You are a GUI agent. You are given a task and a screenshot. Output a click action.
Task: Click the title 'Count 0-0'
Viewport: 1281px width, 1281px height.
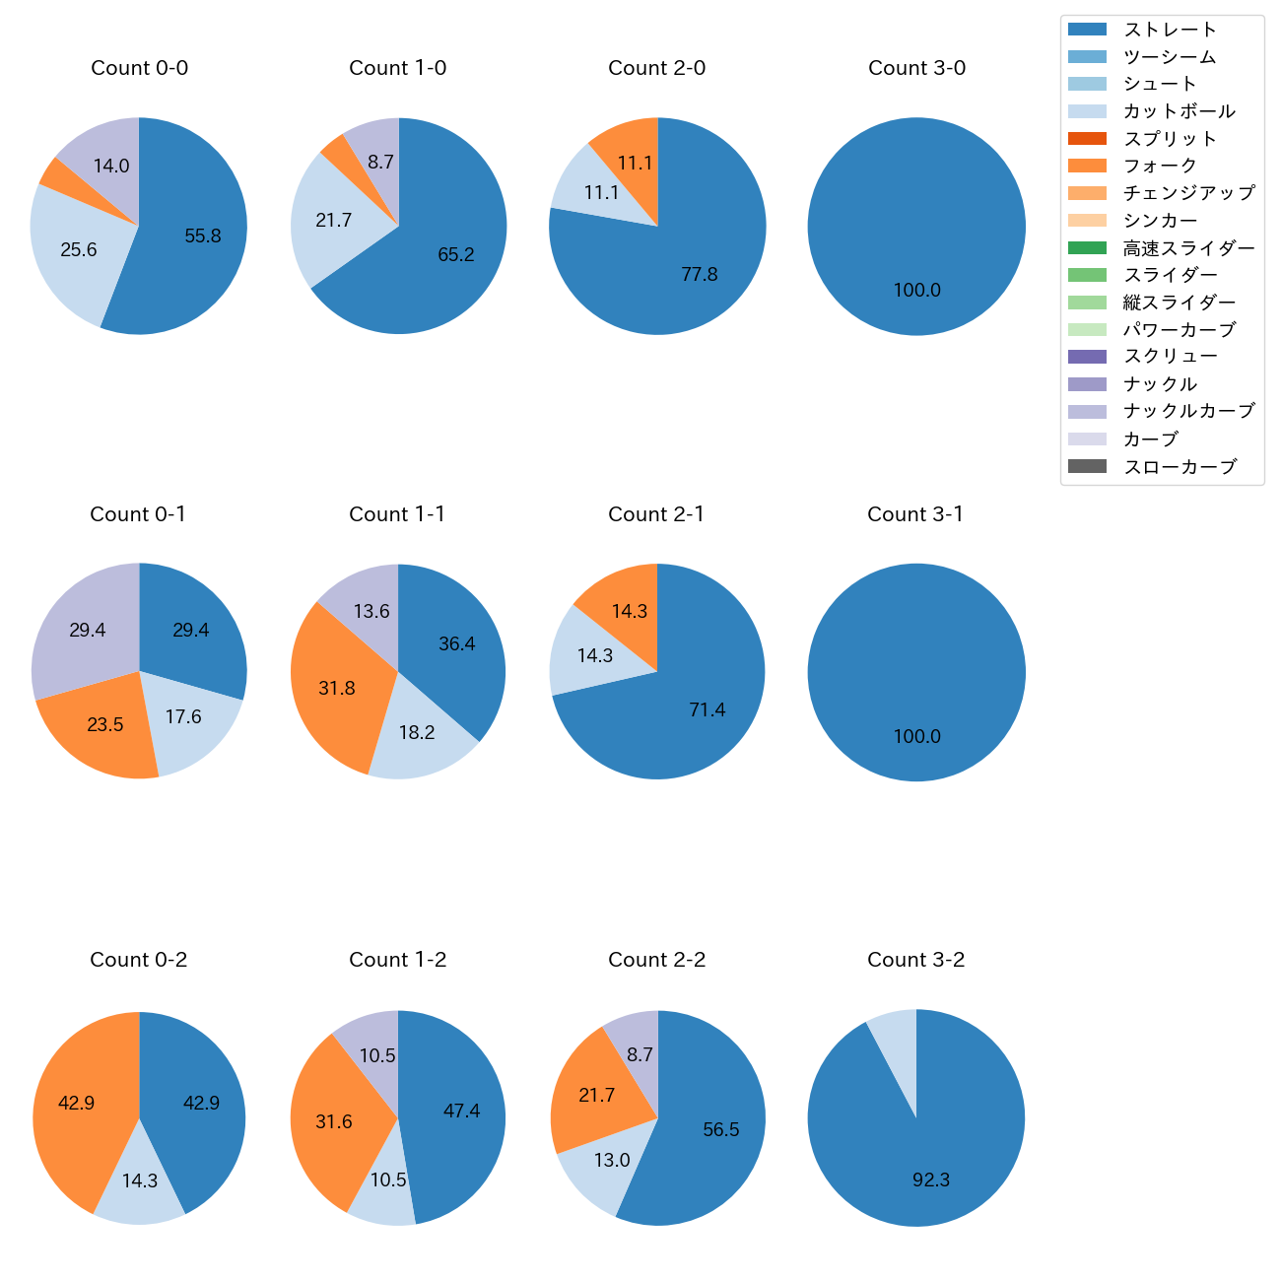coord(139,68)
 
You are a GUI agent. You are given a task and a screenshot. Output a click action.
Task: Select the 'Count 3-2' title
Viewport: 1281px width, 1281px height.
coord(915,960)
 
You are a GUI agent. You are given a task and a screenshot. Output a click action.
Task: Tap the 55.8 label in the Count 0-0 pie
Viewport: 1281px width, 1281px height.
coord(203,236)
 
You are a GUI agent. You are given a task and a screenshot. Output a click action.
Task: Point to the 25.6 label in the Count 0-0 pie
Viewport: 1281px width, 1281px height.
coord(79,249)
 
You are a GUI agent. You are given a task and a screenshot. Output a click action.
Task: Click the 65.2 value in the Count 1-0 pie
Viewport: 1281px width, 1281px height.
coord(456,254)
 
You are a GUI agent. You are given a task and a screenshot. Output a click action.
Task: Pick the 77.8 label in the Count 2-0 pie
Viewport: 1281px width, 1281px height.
coord(700,274)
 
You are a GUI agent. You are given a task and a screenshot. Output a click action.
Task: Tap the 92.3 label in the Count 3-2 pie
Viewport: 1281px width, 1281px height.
coord(931,1180)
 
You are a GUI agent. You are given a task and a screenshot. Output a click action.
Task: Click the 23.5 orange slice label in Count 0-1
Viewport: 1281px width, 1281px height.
coord(105,724)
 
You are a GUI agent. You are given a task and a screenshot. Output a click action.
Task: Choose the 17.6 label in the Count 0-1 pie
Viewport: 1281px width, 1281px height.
coord(183,716)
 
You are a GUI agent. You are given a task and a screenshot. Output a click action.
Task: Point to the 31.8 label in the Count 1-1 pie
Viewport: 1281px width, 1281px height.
coord(337,688)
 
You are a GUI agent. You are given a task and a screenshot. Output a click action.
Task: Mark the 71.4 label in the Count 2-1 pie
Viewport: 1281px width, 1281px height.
coord(708,709)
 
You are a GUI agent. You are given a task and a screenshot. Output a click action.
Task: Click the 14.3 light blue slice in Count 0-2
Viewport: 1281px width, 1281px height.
coord(140,1180)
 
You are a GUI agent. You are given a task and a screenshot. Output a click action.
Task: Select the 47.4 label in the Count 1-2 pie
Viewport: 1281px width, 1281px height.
coord(461,1111)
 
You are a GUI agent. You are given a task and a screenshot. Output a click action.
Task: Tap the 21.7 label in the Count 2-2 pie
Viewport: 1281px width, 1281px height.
coord(597,1095)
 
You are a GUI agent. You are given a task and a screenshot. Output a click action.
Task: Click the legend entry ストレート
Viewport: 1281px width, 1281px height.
coord(1170,30)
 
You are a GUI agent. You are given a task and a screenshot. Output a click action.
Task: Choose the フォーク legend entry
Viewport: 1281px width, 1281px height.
coord(1160,166)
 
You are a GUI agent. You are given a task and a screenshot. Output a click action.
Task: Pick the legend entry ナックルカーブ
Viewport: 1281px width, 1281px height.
coord(1188,411)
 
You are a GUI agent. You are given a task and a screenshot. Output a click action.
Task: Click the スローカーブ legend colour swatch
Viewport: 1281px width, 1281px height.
coord(1087,466)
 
